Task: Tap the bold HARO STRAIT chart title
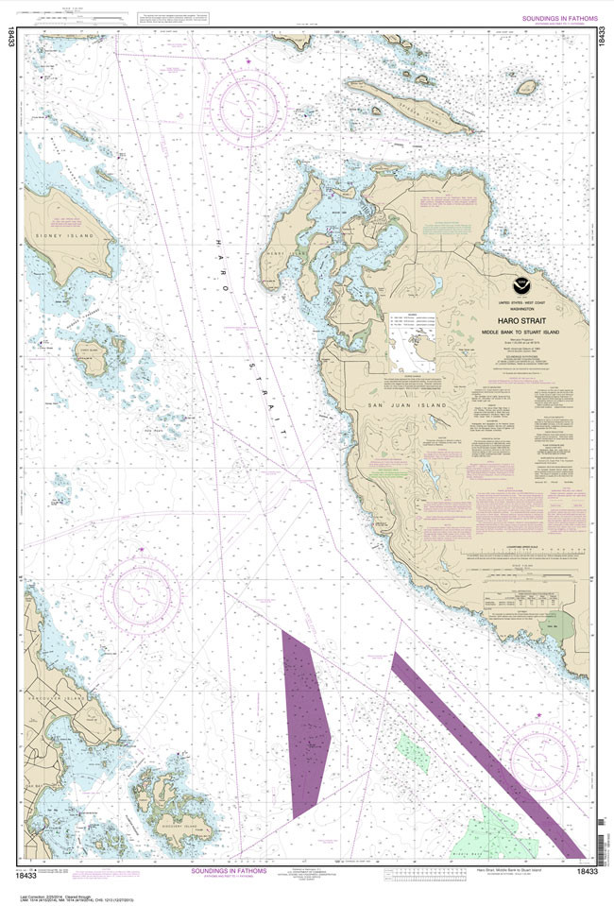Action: point(515,321)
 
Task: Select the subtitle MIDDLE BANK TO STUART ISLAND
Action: point(515,333)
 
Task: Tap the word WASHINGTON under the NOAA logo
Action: point(515,309)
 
